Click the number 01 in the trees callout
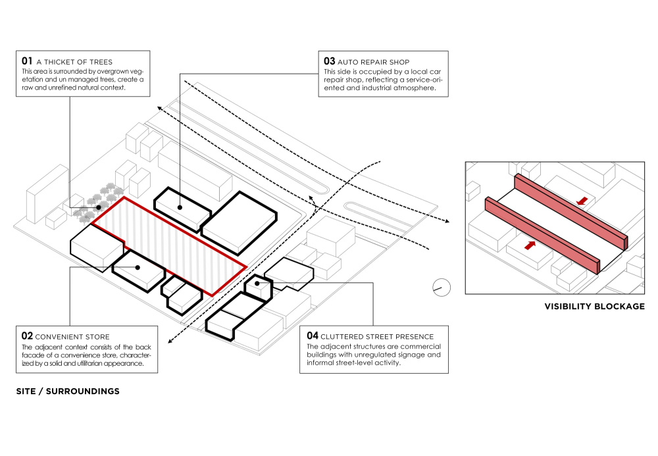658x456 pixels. [x=27, y=61]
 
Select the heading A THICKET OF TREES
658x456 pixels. [x=74, y=62]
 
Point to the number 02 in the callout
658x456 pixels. [x=27, y=336]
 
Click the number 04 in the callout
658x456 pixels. [x=312, y=336]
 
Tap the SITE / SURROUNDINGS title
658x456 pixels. [x=68, y=391]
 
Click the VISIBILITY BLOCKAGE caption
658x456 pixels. [x=594, y=307]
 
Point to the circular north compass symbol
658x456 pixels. [x=441, y=287]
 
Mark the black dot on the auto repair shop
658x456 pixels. [x=180, y=207]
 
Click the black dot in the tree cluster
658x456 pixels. [x=99, y=207]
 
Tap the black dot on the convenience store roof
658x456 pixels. [x=138, y=267]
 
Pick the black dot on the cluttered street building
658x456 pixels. [x=257, y=284]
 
